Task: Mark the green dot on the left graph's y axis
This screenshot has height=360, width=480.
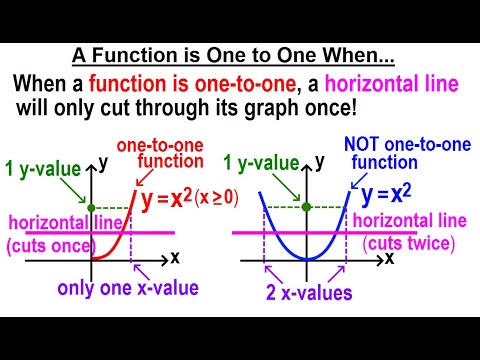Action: point(93,207)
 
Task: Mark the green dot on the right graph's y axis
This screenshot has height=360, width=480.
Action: point(306,207)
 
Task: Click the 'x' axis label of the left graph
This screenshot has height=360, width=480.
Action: point(175,258)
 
